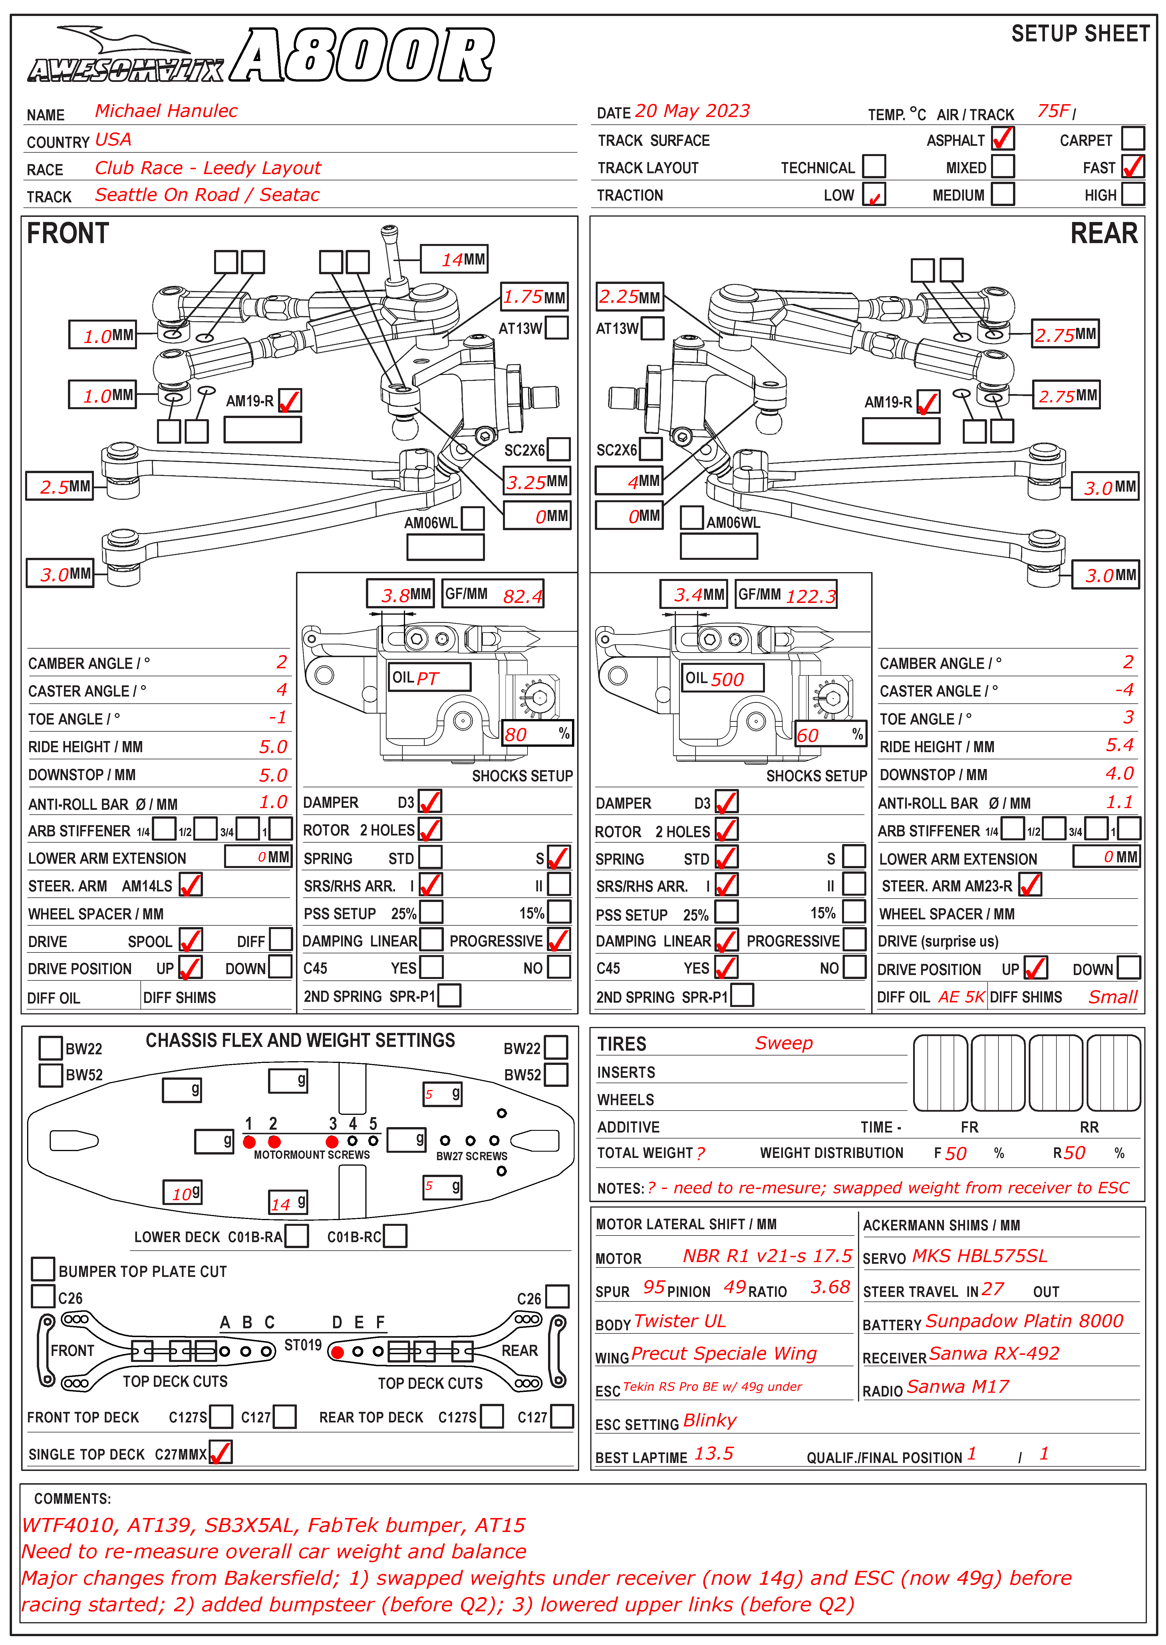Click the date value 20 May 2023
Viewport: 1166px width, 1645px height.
692,111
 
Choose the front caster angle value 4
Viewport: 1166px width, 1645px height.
281,690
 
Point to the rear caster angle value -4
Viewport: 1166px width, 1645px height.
1124,690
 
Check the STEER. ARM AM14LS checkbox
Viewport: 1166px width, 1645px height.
190,885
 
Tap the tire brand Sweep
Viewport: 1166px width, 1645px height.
783,1043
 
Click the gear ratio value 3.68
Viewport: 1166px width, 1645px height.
830,1287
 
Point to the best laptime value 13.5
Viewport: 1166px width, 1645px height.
714,1453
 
